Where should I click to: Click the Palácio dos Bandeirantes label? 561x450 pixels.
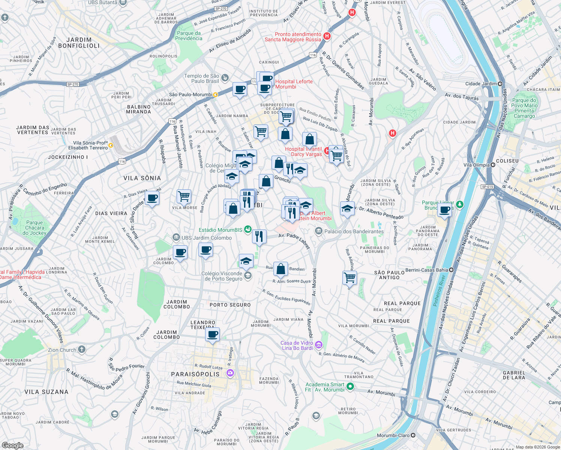point(354,231)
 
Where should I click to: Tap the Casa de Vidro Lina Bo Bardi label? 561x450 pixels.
point(297,345)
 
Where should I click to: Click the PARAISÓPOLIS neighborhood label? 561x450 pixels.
point(195,374)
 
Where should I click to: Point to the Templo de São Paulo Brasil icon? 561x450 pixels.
point(225,78)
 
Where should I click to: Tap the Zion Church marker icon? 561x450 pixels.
point(82,350)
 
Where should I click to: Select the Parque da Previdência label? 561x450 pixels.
point(189,36)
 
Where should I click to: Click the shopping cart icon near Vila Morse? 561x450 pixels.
point(184,196)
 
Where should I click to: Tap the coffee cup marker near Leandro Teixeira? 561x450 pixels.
point(213,334)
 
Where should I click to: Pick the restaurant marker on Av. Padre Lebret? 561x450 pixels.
point(259,236)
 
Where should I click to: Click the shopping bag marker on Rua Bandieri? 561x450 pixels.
point(280,268)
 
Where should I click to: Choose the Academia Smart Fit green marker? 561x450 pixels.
point(350,386)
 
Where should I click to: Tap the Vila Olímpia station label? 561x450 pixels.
point(476,165)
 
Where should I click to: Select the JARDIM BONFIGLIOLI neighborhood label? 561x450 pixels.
point(79,43)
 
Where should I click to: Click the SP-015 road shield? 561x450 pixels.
point(487,187)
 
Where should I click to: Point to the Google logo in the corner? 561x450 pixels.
point(12,445)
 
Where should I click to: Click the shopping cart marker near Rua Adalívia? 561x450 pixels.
point(349,278)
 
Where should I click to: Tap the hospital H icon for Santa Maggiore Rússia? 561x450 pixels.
point(327,36)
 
